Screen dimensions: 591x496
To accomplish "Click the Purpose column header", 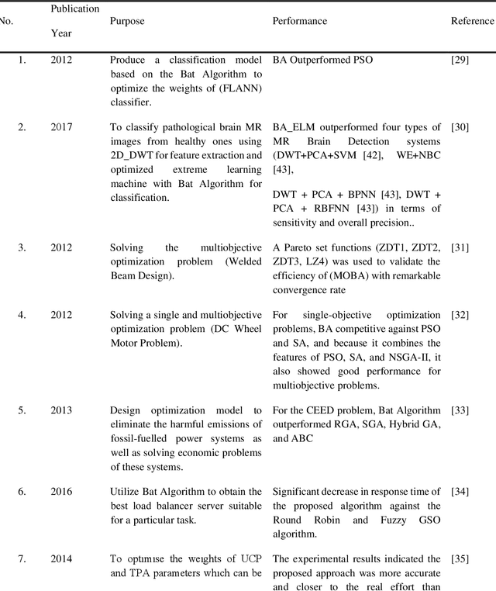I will pyautogui.click(x=128, y=21).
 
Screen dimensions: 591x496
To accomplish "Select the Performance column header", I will pyautogui.click(x=298, y=21).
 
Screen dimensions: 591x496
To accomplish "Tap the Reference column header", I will pyautogui.click(x=471, y=21).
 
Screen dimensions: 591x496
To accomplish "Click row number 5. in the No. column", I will pyautogui.click(x=22, y=410).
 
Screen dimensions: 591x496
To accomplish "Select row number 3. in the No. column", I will pyautogui.click(x=22, y=247).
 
